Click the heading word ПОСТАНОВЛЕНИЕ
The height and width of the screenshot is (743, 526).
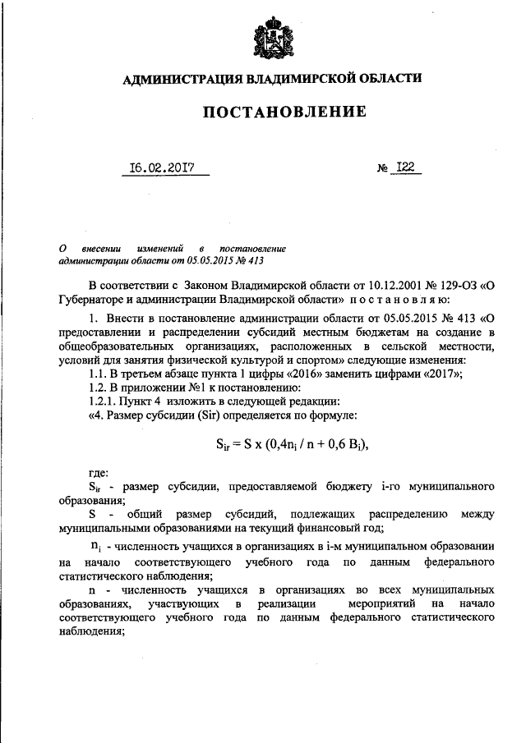point(272,111)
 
